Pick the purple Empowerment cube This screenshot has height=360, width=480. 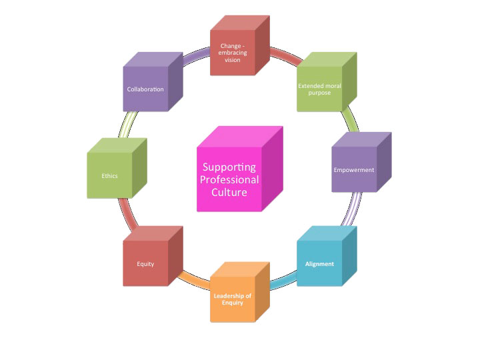[354, 169]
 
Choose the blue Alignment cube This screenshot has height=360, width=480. [319, 263]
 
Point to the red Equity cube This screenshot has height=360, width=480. [146, 263]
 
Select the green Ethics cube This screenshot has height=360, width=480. [110, 176]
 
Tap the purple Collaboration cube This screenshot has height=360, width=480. [146, 89]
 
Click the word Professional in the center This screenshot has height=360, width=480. [230, 180]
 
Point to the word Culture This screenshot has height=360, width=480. [230, 193]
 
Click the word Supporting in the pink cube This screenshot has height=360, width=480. [230, 167]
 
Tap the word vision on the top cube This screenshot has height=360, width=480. [233, 59]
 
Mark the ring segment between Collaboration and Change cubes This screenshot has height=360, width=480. [197, 55]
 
